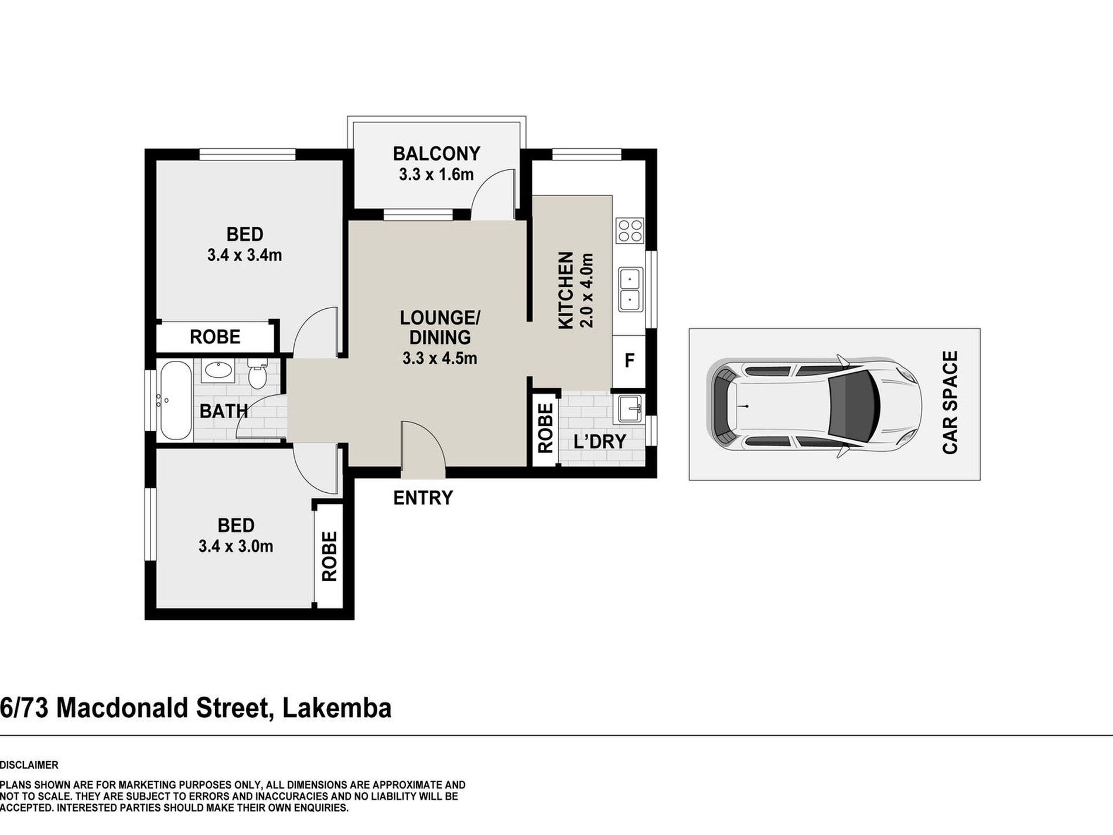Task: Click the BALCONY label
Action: [x=436, y=154]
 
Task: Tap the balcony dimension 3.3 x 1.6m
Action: [x=436, y=175]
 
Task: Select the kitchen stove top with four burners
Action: [x=630, y=230]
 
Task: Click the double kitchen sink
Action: [x=630, y=289]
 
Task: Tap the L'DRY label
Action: [x=600, y=441]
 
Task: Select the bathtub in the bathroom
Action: [x=175, y=401]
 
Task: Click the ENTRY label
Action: [x=423, y=498]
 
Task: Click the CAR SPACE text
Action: [x=950, y=402]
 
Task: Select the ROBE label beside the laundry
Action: [x=545, y=428]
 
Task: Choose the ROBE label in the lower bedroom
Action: [x=329, y=556]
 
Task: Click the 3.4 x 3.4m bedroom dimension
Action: [x=244, y=255]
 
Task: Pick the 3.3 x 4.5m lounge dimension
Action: [x=440, y=358]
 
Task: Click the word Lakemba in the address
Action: [x=337, y=708]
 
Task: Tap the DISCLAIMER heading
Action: [x=29, y=765]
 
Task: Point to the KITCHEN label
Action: [x=565, y=290]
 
